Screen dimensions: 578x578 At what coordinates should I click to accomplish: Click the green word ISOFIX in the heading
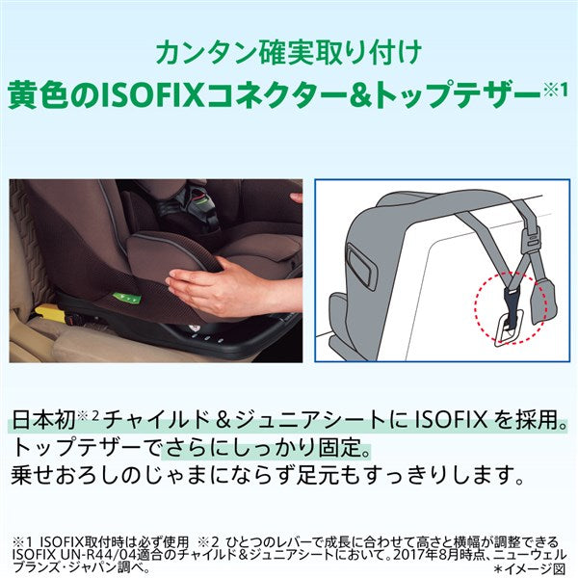tap(152, 94)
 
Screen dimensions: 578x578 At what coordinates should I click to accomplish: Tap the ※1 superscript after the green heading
tap(555, 91)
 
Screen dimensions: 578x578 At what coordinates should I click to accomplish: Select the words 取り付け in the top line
tap(365, 53)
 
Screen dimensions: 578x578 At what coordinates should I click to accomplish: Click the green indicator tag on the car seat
tap(127, 298)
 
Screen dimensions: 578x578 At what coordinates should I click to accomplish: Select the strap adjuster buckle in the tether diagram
tap(531, 238)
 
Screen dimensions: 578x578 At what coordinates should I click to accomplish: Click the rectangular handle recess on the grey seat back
tap(361, 267)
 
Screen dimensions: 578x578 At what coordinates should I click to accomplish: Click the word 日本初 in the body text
tap(44, 420)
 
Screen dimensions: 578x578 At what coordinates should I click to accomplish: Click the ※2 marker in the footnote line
tap(209, 542)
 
